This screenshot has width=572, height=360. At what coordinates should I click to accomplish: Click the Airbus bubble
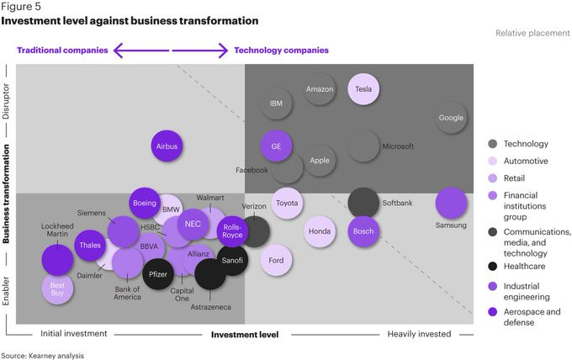(x=167, y=146)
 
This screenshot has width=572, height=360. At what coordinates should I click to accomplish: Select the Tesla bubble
(x=363, y=89)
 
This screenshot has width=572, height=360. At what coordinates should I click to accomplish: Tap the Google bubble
(x=451, y=118)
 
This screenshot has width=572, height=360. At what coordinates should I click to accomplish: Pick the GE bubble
(x=276, y=146)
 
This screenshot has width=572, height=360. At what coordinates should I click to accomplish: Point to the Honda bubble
(x=320, y=231)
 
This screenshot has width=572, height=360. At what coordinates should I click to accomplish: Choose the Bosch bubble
(x=363, y=231)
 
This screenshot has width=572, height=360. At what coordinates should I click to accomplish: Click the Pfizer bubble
(x=158, y=274)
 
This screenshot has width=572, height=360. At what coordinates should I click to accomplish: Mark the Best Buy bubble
(x=57, y=289)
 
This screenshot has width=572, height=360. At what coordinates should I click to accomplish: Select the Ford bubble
(x=276, y=260)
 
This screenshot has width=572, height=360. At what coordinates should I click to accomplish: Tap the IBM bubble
(x=276, y=103)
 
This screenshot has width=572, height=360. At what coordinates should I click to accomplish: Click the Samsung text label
(x=451, y=225)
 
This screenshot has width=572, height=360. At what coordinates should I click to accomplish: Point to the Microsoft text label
(x=398, y=146)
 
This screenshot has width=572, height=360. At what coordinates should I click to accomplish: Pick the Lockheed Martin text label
(x=57, y=230)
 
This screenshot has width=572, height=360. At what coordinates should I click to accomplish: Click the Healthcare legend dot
(x=492, y=266)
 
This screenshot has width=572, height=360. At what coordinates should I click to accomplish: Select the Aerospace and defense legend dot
(x=492, y=311)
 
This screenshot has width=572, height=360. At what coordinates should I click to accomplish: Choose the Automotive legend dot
(x=492, y=161)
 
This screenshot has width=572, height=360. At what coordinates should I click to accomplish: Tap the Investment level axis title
(x=245, y=335)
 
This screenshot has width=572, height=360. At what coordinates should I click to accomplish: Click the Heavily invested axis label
(x=419, y=334)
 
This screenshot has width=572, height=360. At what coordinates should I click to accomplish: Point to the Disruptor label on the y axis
(x=6, y=101)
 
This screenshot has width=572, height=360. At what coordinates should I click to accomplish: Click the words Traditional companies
(x=62, y=50)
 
